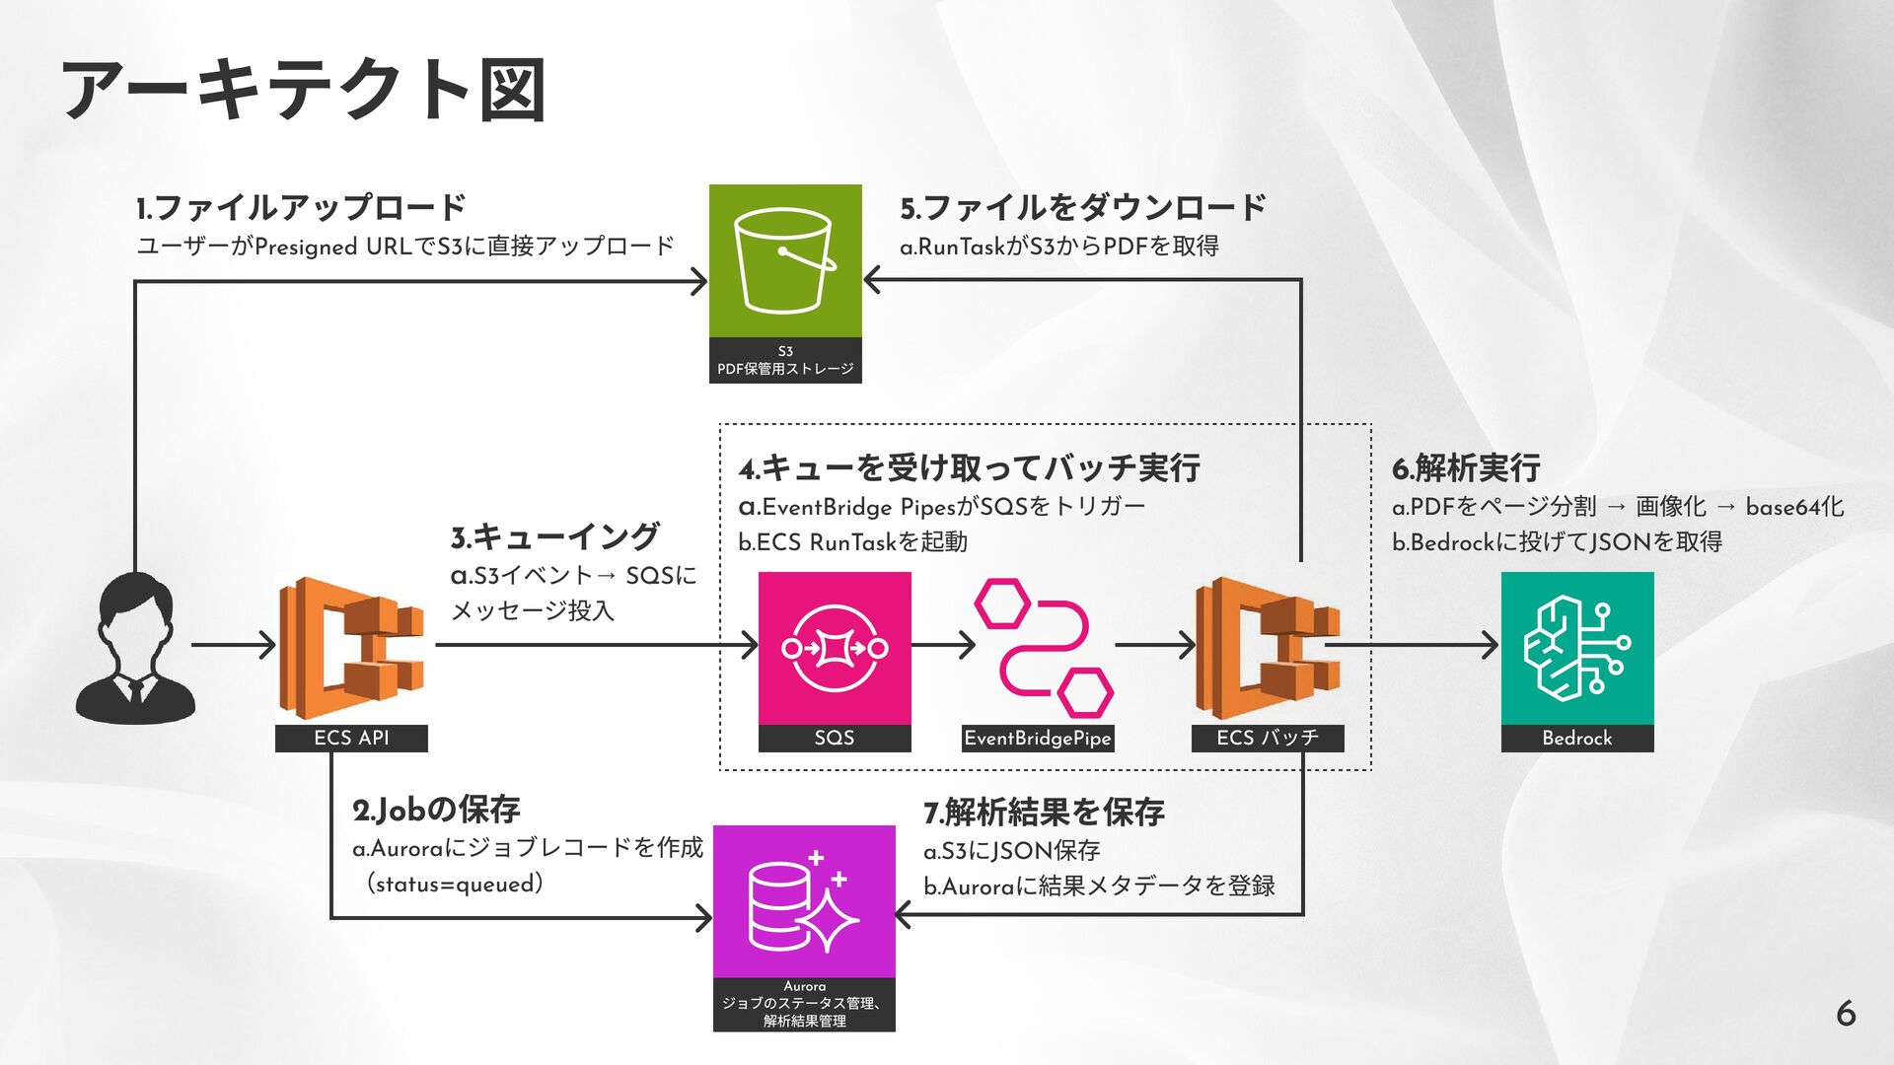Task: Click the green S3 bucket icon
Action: tap(785, 261)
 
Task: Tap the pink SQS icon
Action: tap(835, 648)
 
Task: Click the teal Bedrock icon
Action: tap(1576, 648)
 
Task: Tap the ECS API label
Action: tap(351, 738)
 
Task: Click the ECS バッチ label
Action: tap(1268, 738)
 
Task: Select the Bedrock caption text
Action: tap(1576, 738)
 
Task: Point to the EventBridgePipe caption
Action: tap(1038, 738)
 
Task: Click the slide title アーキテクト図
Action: tap(304, 91)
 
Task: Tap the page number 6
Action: tap(1846, 1013)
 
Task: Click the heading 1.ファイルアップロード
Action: tap(301, 207)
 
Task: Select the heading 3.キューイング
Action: tap(554, 536)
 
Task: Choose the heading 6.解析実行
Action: tap(1466, 467)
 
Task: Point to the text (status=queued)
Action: tap(455, 884)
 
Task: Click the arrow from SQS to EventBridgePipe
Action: tap(943, 646)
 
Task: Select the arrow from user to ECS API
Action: tap(234, 646)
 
